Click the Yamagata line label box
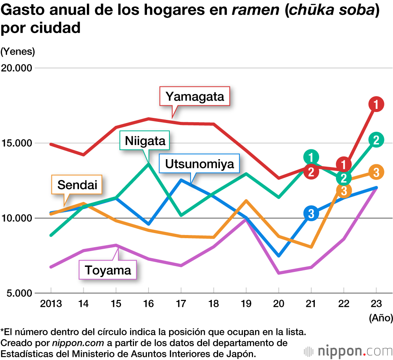[195, 96]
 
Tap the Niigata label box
[145, 141]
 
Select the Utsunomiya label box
[199, 164]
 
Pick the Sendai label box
[77, 185]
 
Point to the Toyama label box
[108, 270]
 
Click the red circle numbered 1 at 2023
[376, 104]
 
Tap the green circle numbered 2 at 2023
[376, 140]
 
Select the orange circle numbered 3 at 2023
[376, 172]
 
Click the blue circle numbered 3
[311, 213]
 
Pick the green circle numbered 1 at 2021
[311, 157]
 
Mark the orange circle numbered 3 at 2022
[344, 191]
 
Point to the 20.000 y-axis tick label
[17, 68]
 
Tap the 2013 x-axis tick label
[51, 303]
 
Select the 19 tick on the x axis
[246, 303]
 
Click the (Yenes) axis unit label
[18, 51]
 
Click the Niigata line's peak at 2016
[148, 163]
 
